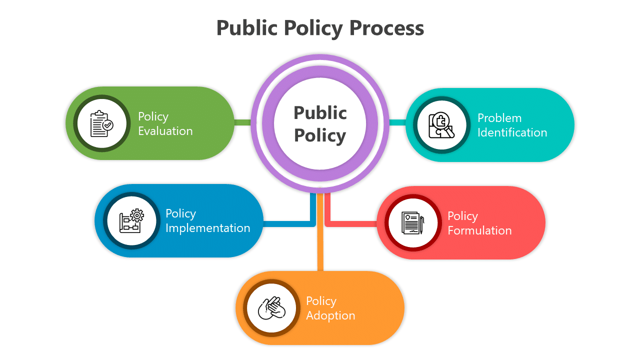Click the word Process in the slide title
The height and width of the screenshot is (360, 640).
(389, 28)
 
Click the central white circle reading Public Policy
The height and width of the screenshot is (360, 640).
(320, 123)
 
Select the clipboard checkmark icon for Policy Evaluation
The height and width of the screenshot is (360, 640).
(102, 123)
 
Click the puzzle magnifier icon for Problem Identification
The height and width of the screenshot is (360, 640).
(441, 125)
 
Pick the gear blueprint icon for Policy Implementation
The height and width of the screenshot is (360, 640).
(131, 220)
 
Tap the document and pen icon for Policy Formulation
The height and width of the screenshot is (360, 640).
(413, 222)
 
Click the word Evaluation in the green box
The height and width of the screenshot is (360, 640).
(165, 131)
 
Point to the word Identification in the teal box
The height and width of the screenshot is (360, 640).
(512, 132)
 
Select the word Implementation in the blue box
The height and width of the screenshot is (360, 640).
(207, 228)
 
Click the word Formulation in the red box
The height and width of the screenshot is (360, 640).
(479, 230)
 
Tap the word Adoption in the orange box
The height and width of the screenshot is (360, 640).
(330, 315)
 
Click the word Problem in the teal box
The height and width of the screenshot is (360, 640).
(499, 118)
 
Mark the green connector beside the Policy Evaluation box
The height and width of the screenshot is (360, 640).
(242, 122)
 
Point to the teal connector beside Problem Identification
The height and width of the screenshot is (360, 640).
(398, 122)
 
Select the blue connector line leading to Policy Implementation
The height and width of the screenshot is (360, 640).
(287, 224)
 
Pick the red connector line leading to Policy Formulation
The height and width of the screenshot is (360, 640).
(350, 224)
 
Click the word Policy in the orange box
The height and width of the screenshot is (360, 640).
(321, 301)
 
